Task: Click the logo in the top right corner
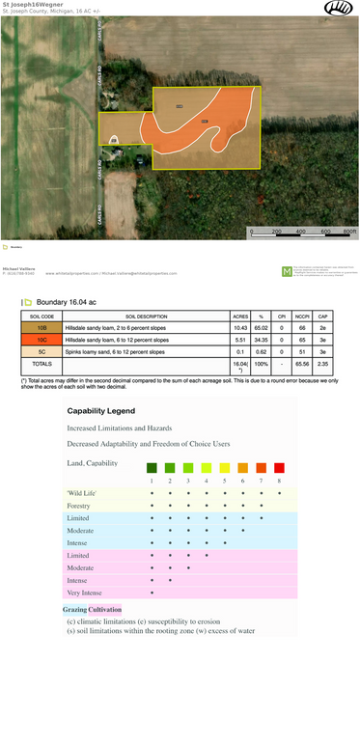point(337,8)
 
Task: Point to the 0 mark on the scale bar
point(251,233)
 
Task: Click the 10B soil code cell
point(42,329)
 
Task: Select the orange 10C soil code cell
point(42,341)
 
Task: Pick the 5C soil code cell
point(42,352)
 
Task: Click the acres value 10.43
point(241,329)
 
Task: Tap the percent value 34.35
point(261,341)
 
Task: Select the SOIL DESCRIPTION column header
point(145,317)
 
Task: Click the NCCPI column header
point(302,317)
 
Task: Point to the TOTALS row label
point(42,365)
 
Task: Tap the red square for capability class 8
point(279,467)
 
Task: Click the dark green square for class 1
point(152,467)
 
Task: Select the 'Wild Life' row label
point(81,493)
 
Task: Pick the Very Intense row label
point(83,593)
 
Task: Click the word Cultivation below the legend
point(105,610)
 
